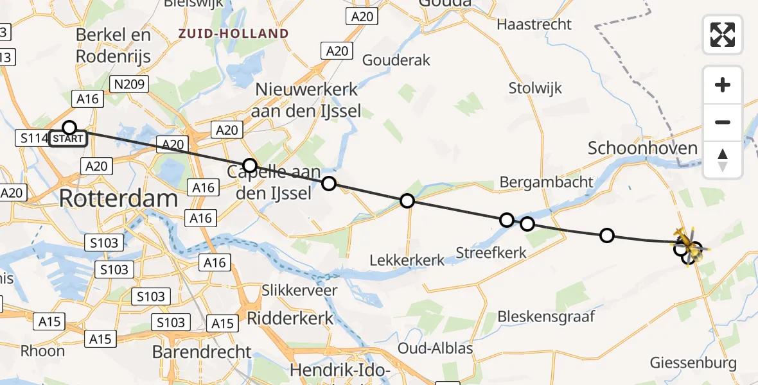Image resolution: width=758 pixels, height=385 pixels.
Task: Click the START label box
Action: click(67, 139)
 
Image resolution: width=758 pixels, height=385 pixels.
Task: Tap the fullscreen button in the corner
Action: click(723, 34)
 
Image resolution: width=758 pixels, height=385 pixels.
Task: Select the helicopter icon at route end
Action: click(688, 246)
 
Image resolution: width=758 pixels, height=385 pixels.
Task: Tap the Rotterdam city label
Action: click(118, 198)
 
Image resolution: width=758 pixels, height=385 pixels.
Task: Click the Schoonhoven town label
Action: click(642, 148)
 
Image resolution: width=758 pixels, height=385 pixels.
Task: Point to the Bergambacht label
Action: click(547, 182)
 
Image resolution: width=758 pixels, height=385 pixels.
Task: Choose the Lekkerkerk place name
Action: click(407, 260)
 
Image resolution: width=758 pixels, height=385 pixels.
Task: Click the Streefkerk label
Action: click(491, 252)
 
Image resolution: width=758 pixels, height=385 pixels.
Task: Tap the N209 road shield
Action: click(130, 84)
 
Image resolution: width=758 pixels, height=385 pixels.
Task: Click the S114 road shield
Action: click(32, 137)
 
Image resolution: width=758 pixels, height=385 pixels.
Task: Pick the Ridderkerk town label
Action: click(290, 318)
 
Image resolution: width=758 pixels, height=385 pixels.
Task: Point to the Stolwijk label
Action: click(535, 88)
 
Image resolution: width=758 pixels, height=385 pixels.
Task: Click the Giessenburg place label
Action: click(693, 363)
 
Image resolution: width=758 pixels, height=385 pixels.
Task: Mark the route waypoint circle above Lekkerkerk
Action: click(407, 201)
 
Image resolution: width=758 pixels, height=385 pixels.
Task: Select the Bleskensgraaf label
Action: click(547, 316)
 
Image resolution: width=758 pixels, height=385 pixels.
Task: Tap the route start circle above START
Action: click(69, 128)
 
